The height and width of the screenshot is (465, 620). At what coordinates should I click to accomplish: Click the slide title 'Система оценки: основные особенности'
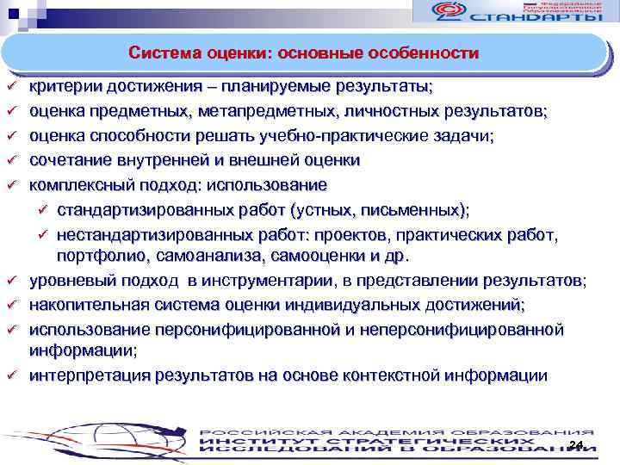click(x=304, y=53)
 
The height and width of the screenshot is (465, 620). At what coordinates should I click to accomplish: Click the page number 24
click(x=576, y=444)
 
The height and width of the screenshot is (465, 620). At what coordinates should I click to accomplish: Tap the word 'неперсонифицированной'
click(x=467, y=329)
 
